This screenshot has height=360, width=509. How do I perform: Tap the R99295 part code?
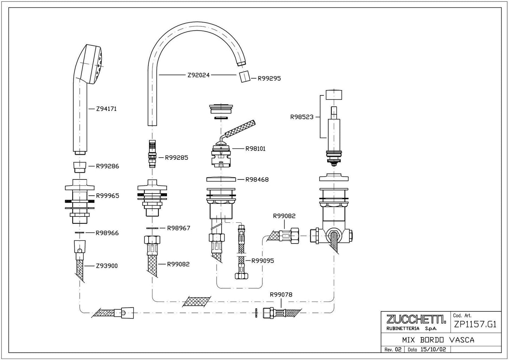[269, 78]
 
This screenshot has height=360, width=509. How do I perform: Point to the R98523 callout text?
[302, 117]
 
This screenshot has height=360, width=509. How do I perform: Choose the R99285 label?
[176, 158]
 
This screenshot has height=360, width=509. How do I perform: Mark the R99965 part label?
[107, 196]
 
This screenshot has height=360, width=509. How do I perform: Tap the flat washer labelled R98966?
[80, 233]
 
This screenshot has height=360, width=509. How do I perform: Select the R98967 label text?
[178, 228]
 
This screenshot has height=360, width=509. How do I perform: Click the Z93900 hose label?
[107, 266]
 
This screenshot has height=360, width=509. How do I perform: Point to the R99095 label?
[262, 261]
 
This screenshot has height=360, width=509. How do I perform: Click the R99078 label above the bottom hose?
[281, 295]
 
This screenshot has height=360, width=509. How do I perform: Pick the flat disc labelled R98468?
[221, 179]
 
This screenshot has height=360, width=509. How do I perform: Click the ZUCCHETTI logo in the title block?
[416, 320]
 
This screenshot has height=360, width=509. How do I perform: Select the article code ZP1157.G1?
[476, 324]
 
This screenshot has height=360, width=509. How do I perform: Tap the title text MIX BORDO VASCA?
[438, 340]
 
